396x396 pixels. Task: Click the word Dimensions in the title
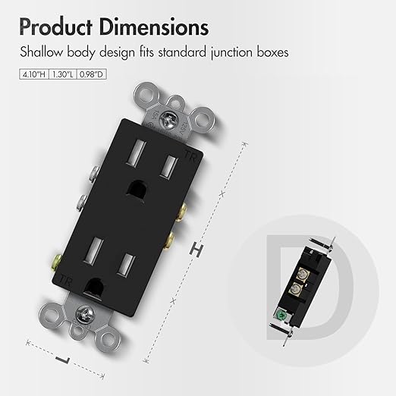154,27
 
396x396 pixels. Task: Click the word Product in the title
55,27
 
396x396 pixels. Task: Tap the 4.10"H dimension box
34,74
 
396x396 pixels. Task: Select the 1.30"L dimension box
63,74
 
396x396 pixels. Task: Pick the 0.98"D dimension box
91,74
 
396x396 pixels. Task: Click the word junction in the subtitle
231,52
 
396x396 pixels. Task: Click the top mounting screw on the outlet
167,118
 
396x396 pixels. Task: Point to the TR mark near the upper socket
190,155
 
